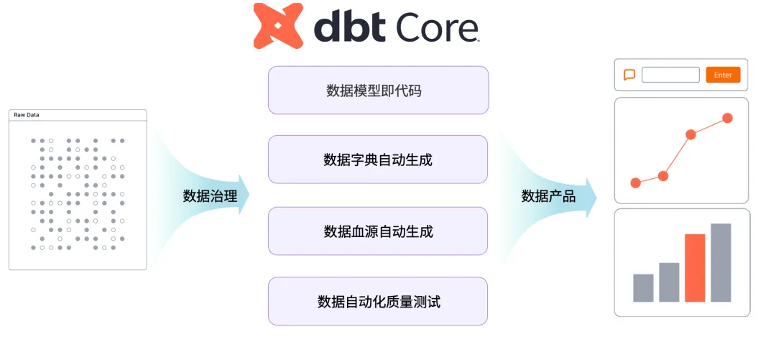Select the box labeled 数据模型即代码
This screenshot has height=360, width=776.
pos(378,91)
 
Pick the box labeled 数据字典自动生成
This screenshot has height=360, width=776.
pos(378,160)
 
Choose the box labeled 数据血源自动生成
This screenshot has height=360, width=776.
pos(378,231)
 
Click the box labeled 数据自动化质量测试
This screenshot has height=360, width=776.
pos(378,302)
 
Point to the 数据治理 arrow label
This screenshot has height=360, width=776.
pos(210,195)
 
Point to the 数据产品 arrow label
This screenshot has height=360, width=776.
pos(548,195)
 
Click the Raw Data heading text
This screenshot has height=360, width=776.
pos(26,115)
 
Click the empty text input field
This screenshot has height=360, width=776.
pos(670,75)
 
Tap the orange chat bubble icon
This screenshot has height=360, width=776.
pos(629,75)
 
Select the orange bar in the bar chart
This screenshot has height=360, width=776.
pos(695,267)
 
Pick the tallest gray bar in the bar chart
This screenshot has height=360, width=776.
pos(721,262)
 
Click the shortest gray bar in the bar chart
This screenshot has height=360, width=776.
pos(643,287)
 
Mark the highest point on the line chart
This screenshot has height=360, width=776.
pos(727,118)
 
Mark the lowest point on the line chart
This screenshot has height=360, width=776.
pos(635,183)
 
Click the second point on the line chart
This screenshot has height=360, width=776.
pos(663,175)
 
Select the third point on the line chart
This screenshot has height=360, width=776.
pos(690,134)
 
